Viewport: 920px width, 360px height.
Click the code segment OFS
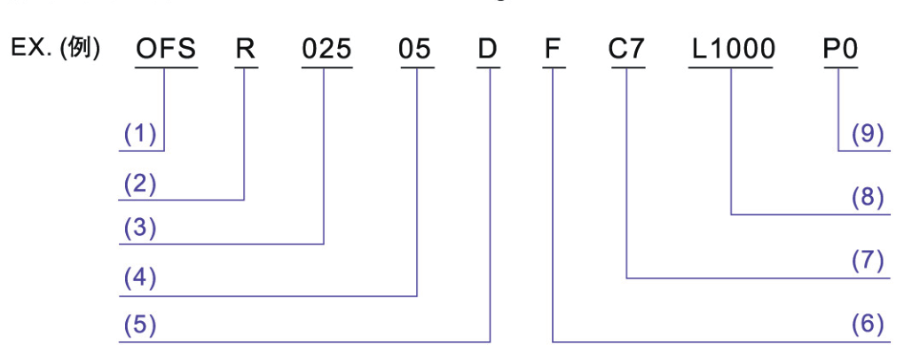[x=166, y=51]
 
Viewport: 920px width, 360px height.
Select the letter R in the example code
[x=245, y=51]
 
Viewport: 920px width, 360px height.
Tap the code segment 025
[x=325, y=51]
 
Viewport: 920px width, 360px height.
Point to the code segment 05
[x=415, y=51]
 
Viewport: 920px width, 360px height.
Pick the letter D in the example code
[x=488, y=51]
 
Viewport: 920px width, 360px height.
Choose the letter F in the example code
[x=553, y=51]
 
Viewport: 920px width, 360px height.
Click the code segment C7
[x=627, y=51]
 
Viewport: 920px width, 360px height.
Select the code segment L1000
[x=733, y=51]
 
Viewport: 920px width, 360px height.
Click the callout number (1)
[x=139, y=134]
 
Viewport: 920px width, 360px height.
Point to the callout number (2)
[x=139, y=184]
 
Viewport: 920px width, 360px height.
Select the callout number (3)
[x=139, y=229]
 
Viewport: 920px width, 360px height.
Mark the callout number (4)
[x=139, y=279]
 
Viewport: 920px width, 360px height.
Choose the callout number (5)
[x=139, y=325]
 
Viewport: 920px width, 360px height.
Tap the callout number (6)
[x=867, y=325]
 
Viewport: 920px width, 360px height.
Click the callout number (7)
[x=867, y=261]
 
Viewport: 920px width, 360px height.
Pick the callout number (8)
[x=867, y=198]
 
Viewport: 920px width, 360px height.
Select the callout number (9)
[x=867, y=134]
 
